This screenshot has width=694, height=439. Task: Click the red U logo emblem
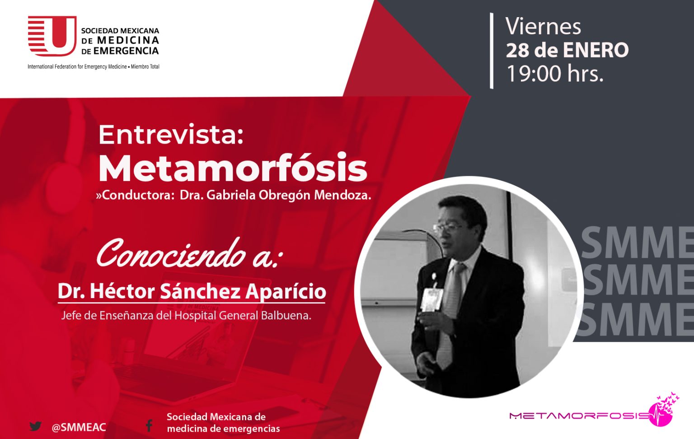click(x=52, y=36)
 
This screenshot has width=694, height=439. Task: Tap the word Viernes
click(x=543, y=27)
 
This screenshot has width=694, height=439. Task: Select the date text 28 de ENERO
click(x=567, y=50)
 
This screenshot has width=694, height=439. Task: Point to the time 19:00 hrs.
click(x=555, y=74)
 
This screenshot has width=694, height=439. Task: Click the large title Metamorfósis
click(x=233, y=168)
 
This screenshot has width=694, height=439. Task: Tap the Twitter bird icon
click(x=36, y=427)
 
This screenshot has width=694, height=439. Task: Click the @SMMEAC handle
click(x=79, y=427)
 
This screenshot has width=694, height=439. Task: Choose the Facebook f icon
click(x=149, y=426)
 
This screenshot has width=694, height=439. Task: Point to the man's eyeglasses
click(x=448, y=229)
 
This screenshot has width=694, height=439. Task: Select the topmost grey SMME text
click(x=636, y=243)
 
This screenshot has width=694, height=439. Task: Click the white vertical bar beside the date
click(x=492, y=51)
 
